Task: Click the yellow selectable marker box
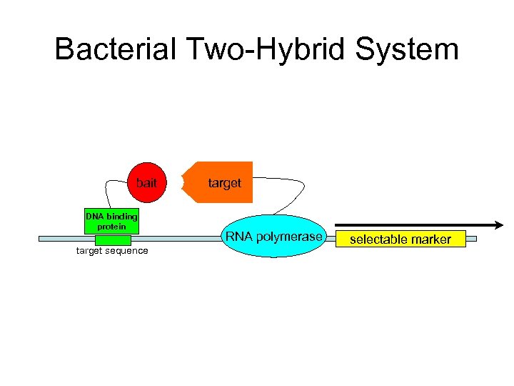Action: [400, 239]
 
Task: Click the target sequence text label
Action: [112, 251]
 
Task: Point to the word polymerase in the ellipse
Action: [293, 237]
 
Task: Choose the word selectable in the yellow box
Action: [375, 239]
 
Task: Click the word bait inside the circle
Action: [146, 183]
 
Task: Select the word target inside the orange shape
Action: [224, 183]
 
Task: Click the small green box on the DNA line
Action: [112, 239]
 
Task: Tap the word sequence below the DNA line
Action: [126, 251]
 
